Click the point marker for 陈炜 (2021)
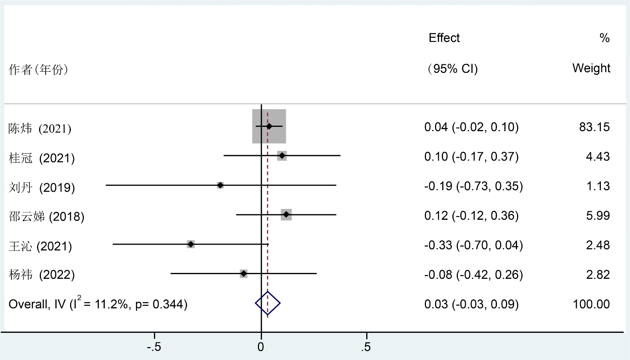click(269, 126)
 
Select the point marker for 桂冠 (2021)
click(282, 156)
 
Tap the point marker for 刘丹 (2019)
click(220, 185)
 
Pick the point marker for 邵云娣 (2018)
click(286, 215)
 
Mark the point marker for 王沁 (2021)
click(191, 244)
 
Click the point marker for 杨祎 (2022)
click(244, 274)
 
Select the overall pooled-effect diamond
click(268, 303)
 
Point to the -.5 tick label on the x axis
click(154, 347)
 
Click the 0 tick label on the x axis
click(261, 347)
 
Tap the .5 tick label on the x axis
click(366, 347)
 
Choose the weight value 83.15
click(594, 127)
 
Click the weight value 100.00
click(591, 304)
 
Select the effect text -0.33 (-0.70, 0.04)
click(473, 245)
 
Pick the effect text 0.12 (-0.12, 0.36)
click(471, 215)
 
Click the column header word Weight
click(591, 68)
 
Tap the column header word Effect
click(444, 38)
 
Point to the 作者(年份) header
click(38, 70)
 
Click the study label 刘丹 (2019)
click(42, 187)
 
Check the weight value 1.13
click(598, 186)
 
